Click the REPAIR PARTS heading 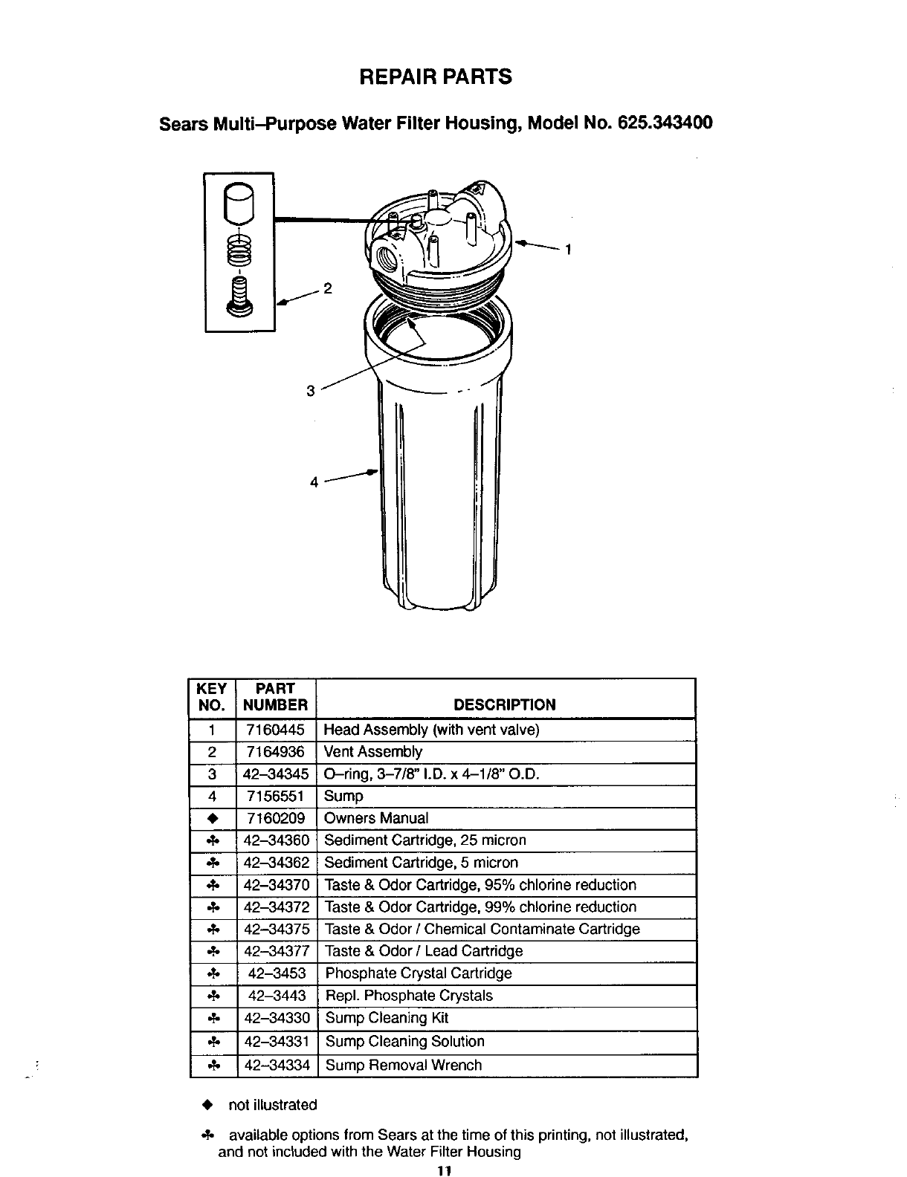coord(435,77)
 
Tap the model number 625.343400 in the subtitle coord(665,123)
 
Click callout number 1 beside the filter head coord(568,250)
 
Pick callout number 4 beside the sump coord(314,481)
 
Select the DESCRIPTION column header coord(504,704)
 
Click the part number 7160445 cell coord(275,730)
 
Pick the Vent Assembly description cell coord(373,752)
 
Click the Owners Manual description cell coord(377,818)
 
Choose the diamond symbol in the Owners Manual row coord(213,819)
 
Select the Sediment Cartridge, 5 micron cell coord(422,863)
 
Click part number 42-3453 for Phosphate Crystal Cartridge coord(276,973)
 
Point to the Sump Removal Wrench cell coord(404,1065)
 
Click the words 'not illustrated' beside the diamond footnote coord(273,1105)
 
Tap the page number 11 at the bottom coord(445,1171)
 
